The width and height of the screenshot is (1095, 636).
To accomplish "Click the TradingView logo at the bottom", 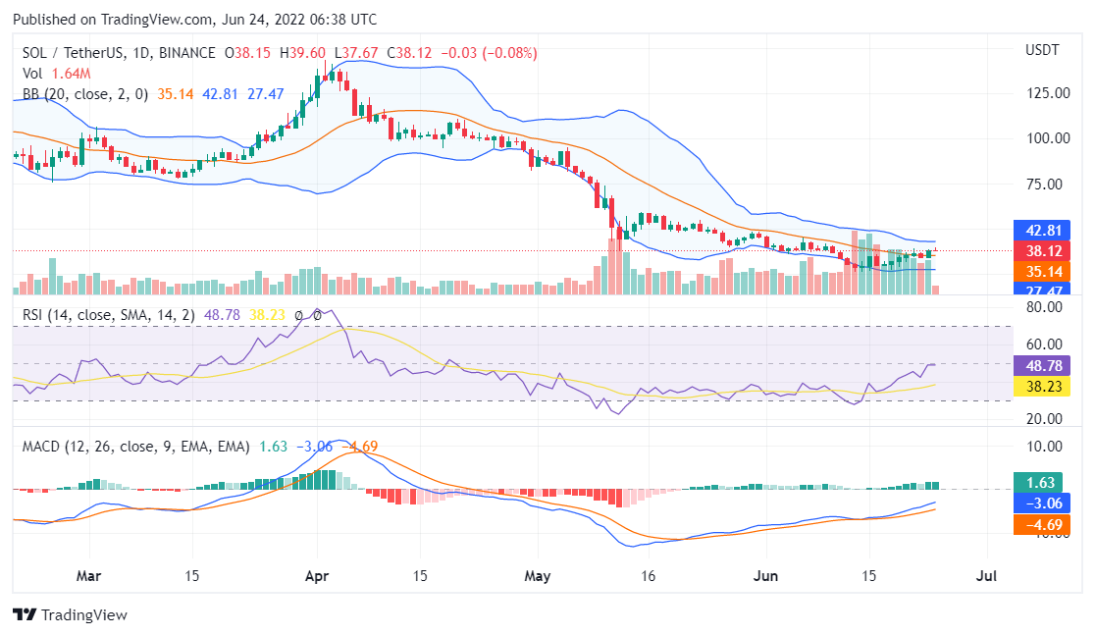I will (70, 614).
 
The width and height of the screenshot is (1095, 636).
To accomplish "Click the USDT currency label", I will (1043, 50).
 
